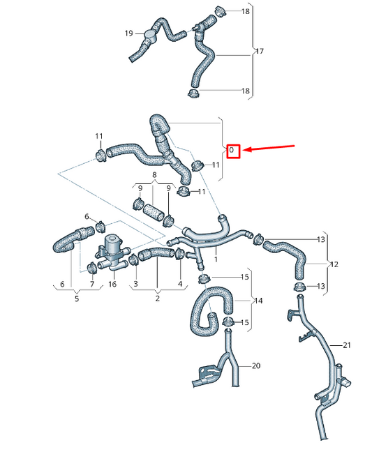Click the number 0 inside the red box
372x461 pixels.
click(232, 151)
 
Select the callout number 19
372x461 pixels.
click(129, 33)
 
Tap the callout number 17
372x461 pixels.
click(260, 52)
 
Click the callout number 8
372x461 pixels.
click(154, 177)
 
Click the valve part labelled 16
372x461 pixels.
click(109, 249)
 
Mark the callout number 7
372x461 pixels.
click(92, 285)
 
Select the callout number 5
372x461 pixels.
click(77, 299)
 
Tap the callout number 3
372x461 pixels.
click(135, 285)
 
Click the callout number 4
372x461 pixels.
click(180, 285)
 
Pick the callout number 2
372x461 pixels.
click(157, 299)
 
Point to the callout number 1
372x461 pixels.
click(216, 259)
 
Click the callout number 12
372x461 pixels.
click(334, 264)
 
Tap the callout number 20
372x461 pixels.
click(255, 365)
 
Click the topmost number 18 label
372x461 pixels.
click(245, 12)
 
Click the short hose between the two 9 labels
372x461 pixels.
click(153, 212)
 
